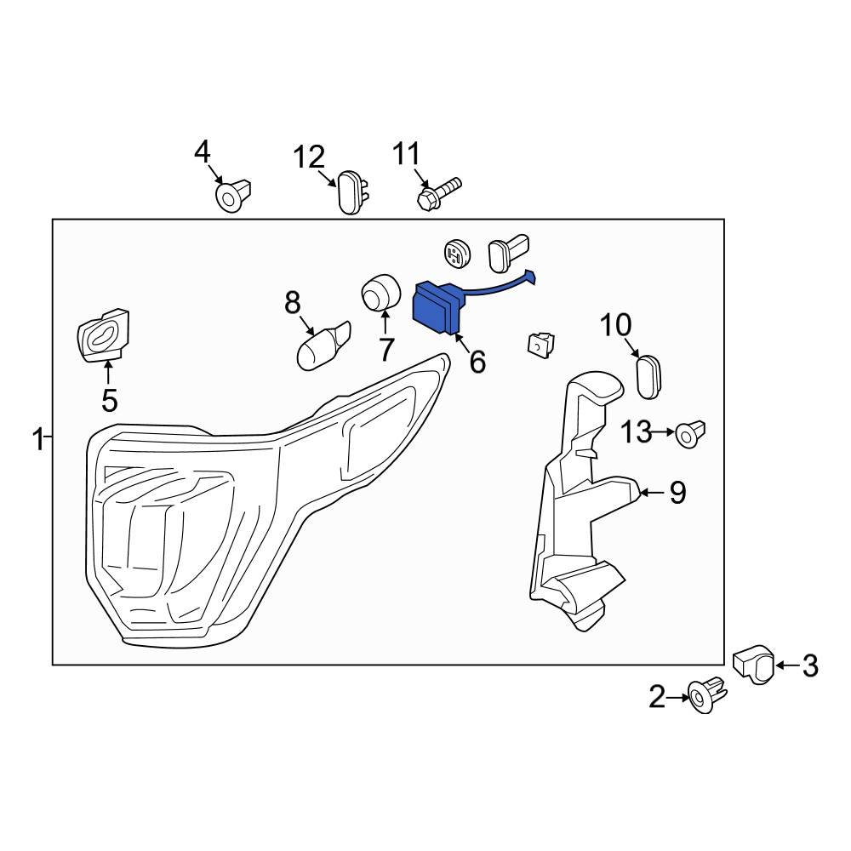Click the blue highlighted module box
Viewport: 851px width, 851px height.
coord(435,308)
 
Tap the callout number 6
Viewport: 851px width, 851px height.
coord(477,363)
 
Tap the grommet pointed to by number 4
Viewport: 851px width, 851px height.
coord(234,195)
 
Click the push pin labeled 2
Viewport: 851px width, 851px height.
coord(706,695)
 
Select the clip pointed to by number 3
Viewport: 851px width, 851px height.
coord(754,663)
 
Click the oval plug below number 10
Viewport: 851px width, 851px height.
coord(650,377)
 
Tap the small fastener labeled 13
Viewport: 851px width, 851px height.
coord(690,434)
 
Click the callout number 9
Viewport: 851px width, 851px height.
coord(677,493)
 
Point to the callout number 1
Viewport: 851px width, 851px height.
coord(37,440)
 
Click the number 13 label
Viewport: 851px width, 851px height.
coord(636,432)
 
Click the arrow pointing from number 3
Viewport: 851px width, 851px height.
coord(787,665)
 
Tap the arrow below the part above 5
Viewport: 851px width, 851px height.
coord(108,374)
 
